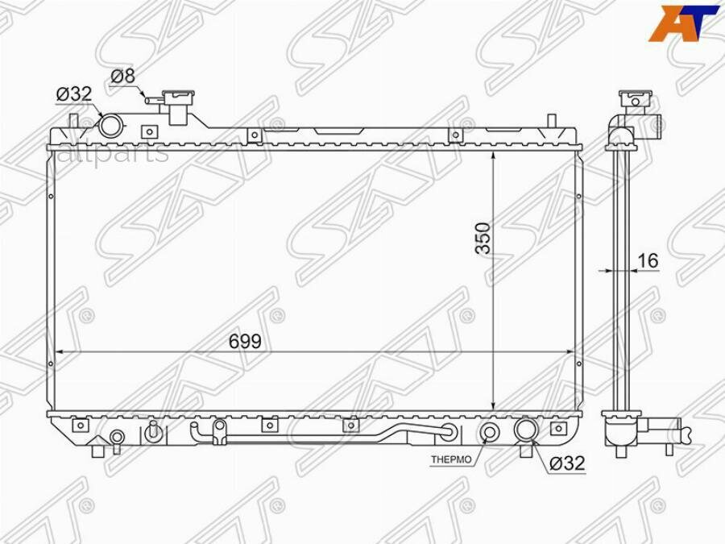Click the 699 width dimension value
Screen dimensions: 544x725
(x=244, y=342)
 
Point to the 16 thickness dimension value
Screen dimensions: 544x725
(x=647, y=260)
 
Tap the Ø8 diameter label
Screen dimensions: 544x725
(x=122, y=77)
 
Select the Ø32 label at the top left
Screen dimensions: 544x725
(x=73, y=95)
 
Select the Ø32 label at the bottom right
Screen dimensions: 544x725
(x=567, y=463)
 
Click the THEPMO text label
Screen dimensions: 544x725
(x=450, y=459)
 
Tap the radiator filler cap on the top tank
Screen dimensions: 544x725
(x=177, y=104)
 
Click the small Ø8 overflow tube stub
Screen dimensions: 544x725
(x=151, y=99)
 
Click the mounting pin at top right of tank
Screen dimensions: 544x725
(x=551, y=122)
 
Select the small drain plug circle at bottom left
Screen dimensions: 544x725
(x=118, y=438)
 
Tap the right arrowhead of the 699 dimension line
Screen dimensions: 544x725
(x=569, y=352)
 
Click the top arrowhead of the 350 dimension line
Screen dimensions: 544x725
(x=492, y=156)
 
